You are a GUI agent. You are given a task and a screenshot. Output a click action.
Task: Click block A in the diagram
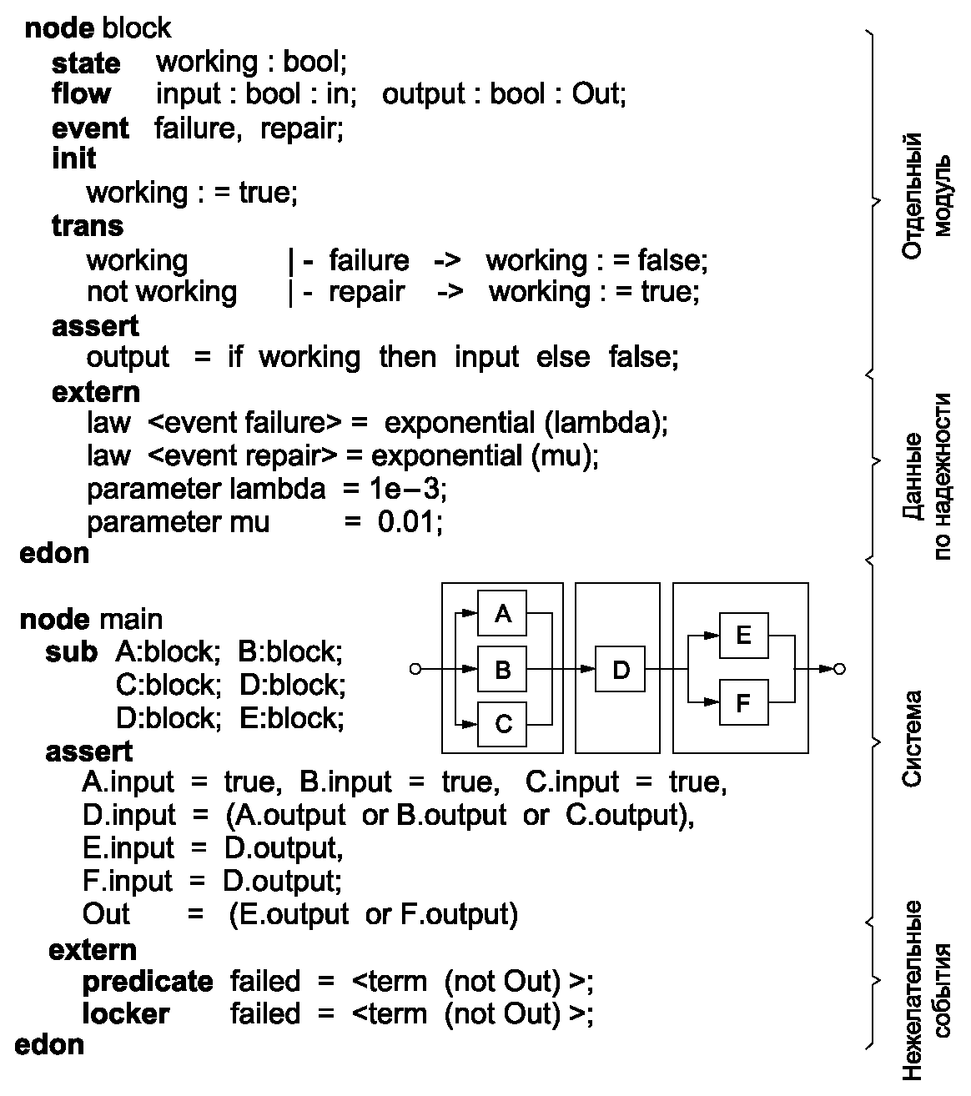tap(502, 615)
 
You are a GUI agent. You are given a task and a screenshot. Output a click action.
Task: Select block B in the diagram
tap(502, 669)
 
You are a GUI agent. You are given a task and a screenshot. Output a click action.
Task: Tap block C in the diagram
tap(502, 723)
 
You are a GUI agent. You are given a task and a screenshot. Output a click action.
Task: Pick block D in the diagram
tap(621, 669)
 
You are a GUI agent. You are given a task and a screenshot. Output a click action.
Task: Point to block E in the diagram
tap(743, 636)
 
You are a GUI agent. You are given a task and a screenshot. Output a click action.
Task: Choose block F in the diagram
tap(743, 704)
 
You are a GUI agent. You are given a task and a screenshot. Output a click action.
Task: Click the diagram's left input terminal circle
tap(415, 669)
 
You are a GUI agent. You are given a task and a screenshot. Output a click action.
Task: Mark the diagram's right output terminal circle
tap(839, 669)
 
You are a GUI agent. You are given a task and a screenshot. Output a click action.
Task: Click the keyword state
tap(86, 63)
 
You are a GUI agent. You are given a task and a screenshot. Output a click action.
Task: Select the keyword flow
tap(81, 94)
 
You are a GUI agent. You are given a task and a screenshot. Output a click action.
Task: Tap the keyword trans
tap(87, 226)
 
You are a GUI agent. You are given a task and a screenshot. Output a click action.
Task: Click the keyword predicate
tap(147, 982)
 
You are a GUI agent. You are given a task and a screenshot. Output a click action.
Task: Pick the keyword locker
tap(125, 1014)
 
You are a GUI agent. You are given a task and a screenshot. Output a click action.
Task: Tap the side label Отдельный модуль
tap(926, 197)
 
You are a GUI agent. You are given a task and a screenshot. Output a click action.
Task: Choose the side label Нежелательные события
tap(926, 990)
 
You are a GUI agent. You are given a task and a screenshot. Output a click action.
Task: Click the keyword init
tap(74, 158)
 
